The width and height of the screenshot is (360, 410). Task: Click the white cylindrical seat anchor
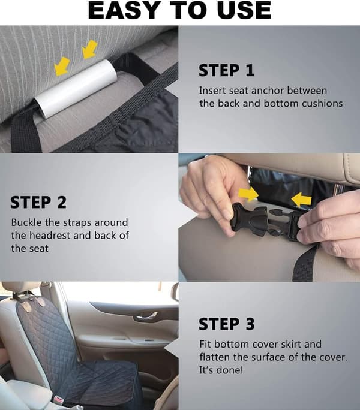pos(76,89)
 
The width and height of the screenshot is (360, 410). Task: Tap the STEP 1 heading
pos(226,70)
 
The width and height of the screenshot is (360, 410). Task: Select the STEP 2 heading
pos(38,203)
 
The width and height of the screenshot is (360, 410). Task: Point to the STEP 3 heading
pos(226,324)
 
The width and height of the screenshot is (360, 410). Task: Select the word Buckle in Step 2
pos(26,222)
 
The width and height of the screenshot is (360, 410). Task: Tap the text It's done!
pos(221,370)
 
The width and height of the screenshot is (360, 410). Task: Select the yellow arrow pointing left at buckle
pos(301,200)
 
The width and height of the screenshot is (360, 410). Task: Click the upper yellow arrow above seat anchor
pos(90,49)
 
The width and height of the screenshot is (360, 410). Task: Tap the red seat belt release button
pos(58,400)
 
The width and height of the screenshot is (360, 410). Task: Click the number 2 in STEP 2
pos(62,203)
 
